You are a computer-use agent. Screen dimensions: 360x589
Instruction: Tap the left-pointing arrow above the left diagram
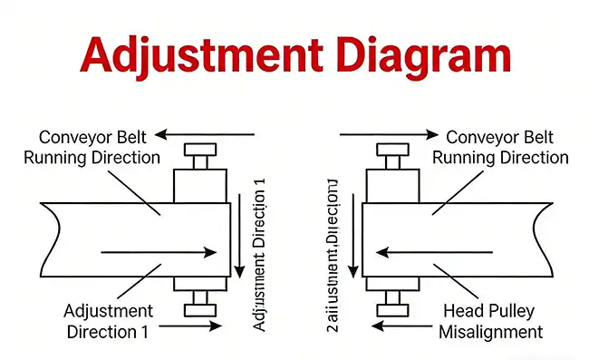(x=204, y=135)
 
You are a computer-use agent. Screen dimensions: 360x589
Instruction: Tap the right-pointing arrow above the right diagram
(x=384, y=135)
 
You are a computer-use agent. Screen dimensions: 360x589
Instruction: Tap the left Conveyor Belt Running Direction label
(x=100, y=147)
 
